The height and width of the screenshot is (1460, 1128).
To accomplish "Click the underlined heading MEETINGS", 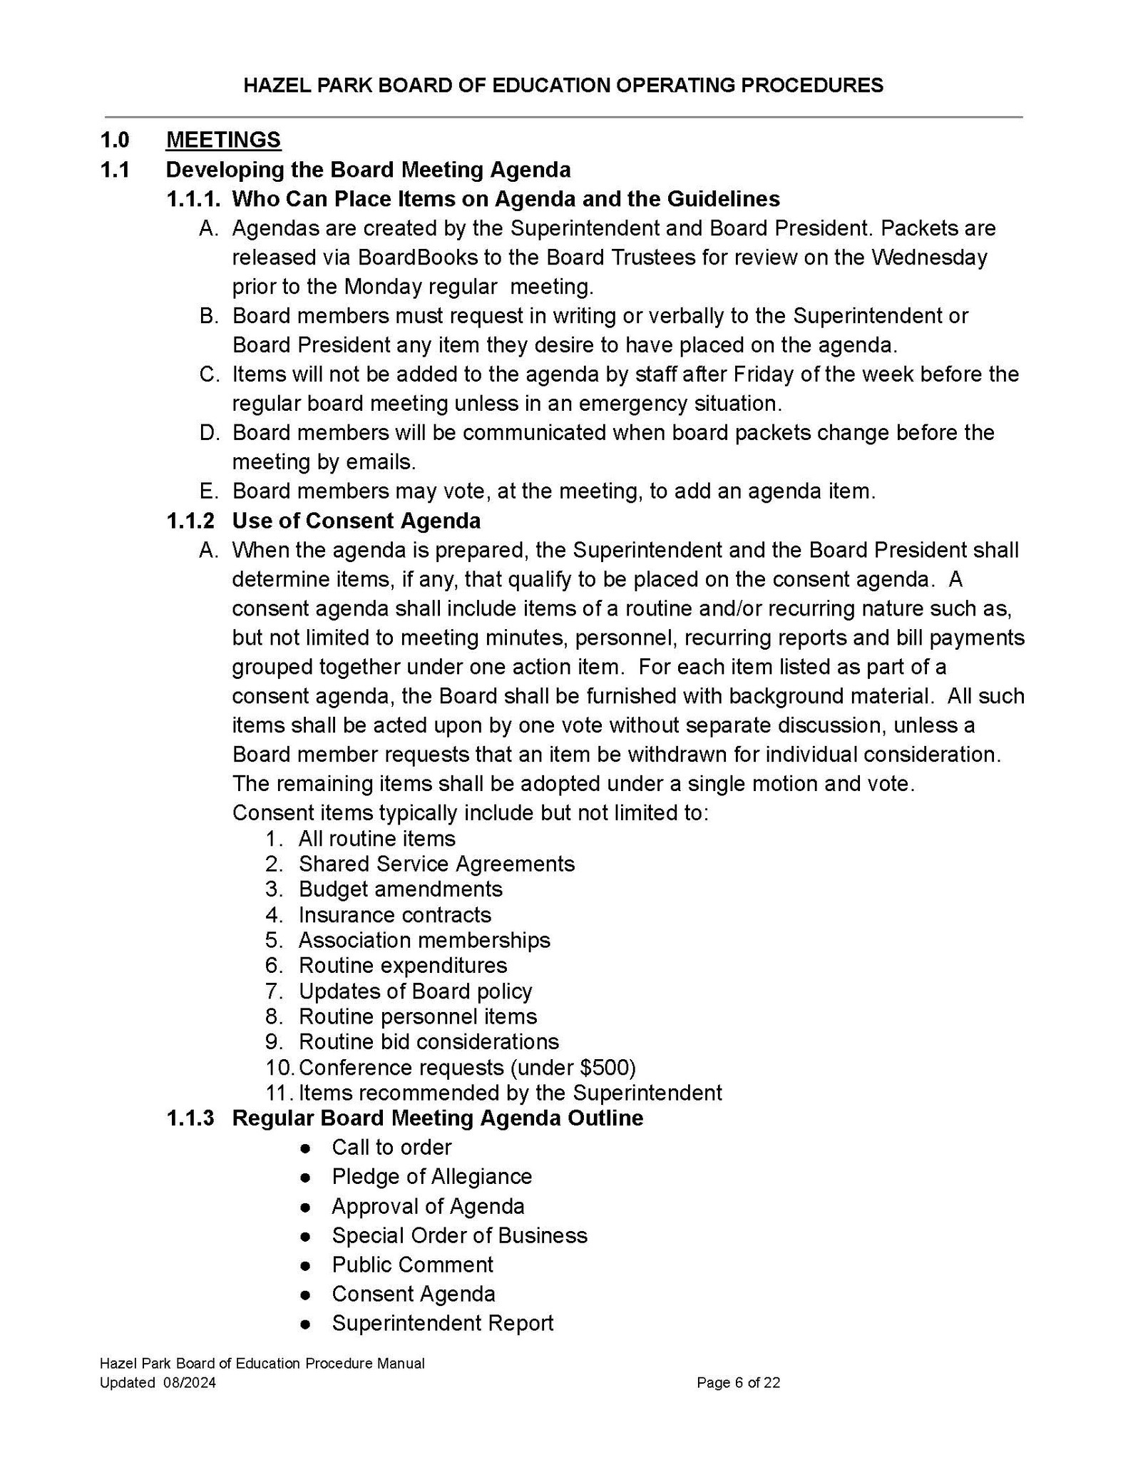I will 223,140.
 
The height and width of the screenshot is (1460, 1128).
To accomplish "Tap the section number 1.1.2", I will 190,521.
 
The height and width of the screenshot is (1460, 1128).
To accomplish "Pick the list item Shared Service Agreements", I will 436,864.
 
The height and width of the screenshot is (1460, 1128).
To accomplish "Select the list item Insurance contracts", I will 395,915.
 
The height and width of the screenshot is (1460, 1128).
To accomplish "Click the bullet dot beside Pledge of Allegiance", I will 305,1178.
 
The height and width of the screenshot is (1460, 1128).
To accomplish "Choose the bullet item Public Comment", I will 412,1265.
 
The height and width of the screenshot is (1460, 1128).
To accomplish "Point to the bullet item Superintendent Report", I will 442,1323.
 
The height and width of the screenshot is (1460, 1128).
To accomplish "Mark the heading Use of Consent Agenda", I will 356,521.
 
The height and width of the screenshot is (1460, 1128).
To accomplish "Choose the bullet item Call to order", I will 391,1148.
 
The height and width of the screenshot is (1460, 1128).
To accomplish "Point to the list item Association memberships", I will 424,940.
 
